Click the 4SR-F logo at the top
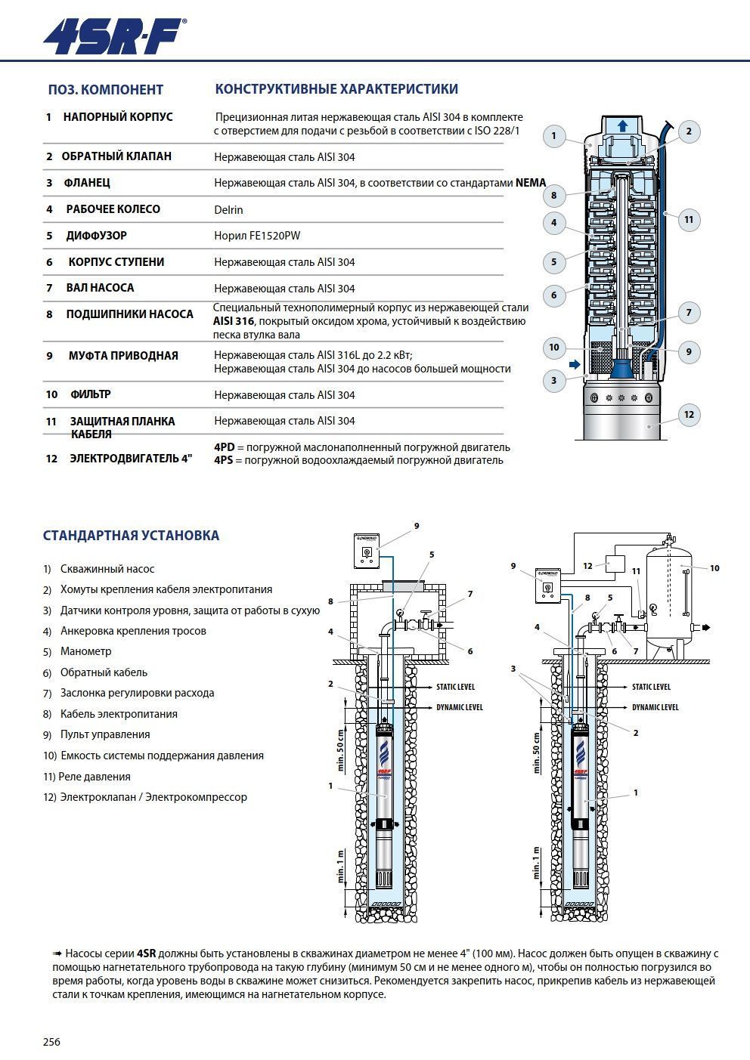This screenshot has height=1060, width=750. click(113, 36)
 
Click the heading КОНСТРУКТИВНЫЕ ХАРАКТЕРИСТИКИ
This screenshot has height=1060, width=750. click(336, 89)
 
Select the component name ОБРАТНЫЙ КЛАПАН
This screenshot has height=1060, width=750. click(116, 156)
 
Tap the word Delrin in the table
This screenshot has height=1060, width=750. click(228, 210)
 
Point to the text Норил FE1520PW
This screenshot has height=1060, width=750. click(257, 236)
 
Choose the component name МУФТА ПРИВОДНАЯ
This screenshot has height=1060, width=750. click(123, 356)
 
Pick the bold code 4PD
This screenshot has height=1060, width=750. click(225, 447)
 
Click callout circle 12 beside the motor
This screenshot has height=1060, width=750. click(689, 414)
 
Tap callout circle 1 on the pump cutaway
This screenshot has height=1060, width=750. click(553, 136)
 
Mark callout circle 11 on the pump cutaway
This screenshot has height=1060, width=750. click(688, 220)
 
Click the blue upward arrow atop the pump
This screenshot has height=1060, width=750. click(622, 126)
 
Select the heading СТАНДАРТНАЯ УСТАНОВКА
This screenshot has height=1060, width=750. click(131, 536)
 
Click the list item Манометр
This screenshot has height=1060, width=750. click(86, 651)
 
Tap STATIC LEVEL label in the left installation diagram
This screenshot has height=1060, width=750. click(455, 688)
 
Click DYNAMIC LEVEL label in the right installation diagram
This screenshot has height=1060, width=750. click(655, 707)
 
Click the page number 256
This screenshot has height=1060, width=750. click(51, 1042)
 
